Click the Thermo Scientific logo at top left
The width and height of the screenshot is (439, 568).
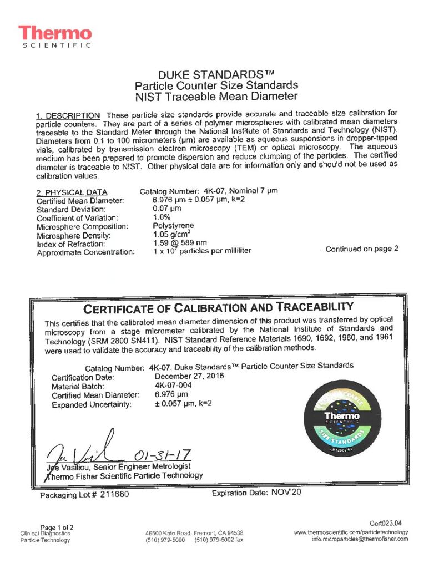coord(54,37)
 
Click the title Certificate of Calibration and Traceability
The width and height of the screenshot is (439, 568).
coord(218,307)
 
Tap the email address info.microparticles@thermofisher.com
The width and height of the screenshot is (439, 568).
coord(359,539)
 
